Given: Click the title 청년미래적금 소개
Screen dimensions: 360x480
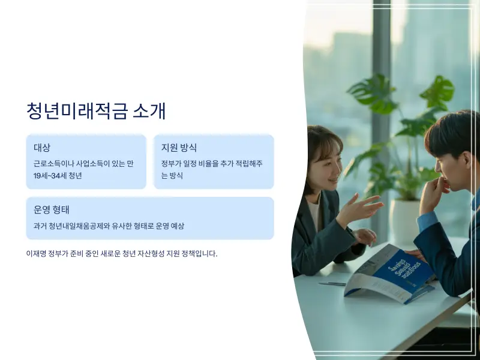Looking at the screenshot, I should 96,111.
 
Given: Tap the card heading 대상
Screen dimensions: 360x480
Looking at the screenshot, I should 42,148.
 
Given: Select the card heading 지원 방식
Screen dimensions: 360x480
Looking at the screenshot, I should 179,148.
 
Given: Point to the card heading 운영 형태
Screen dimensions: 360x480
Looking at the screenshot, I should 52,210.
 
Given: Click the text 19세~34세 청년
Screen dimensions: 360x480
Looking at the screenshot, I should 58,176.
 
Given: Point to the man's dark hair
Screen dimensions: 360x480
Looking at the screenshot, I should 453,132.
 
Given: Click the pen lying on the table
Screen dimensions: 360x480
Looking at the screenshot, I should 332,283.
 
